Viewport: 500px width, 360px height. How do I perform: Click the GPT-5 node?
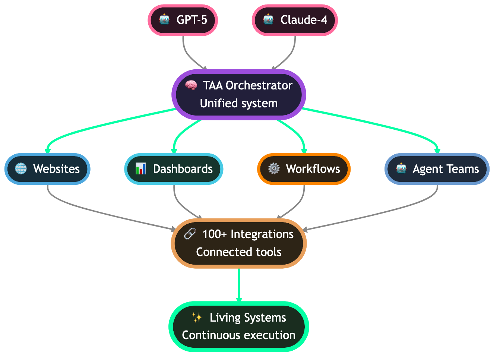click(183, 20)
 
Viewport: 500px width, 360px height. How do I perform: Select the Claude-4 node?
click(295, 20)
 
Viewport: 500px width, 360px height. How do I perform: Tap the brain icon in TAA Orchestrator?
click(191, 85)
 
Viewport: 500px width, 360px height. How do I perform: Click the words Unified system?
click(239, 103)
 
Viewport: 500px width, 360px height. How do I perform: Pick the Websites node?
click(47, 169)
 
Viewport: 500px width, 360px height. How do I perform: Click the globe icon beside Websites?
click(21, 169)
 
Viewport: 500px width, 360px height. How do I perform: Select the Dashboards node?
click(174, 169)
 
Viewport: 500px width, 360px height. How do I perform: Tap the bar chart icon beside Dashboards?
click(141, 169)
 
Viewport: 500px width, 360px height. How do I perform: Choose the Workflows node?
click(304, 169)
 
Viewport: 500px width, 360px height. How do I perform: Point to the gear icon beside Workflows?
click(274, 169)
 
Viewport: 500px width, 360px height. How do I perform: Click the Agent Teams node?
click(437, 169)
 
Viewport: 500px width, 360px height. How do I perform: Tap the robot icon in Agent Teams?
click(401, 169)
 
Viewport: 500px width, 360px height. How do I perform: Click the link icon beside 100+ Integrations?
click(190, 234)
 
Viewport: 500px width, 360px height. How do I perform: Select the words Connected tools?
click(239, 252)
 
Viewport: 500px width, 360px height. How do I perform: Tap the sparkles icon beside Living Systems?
click(197, 318)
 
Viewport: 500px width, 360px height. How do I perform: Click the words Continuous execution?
click(239, 335)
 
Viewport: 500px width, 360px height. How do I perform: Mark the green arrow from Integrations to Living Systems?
click(239, 285)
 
